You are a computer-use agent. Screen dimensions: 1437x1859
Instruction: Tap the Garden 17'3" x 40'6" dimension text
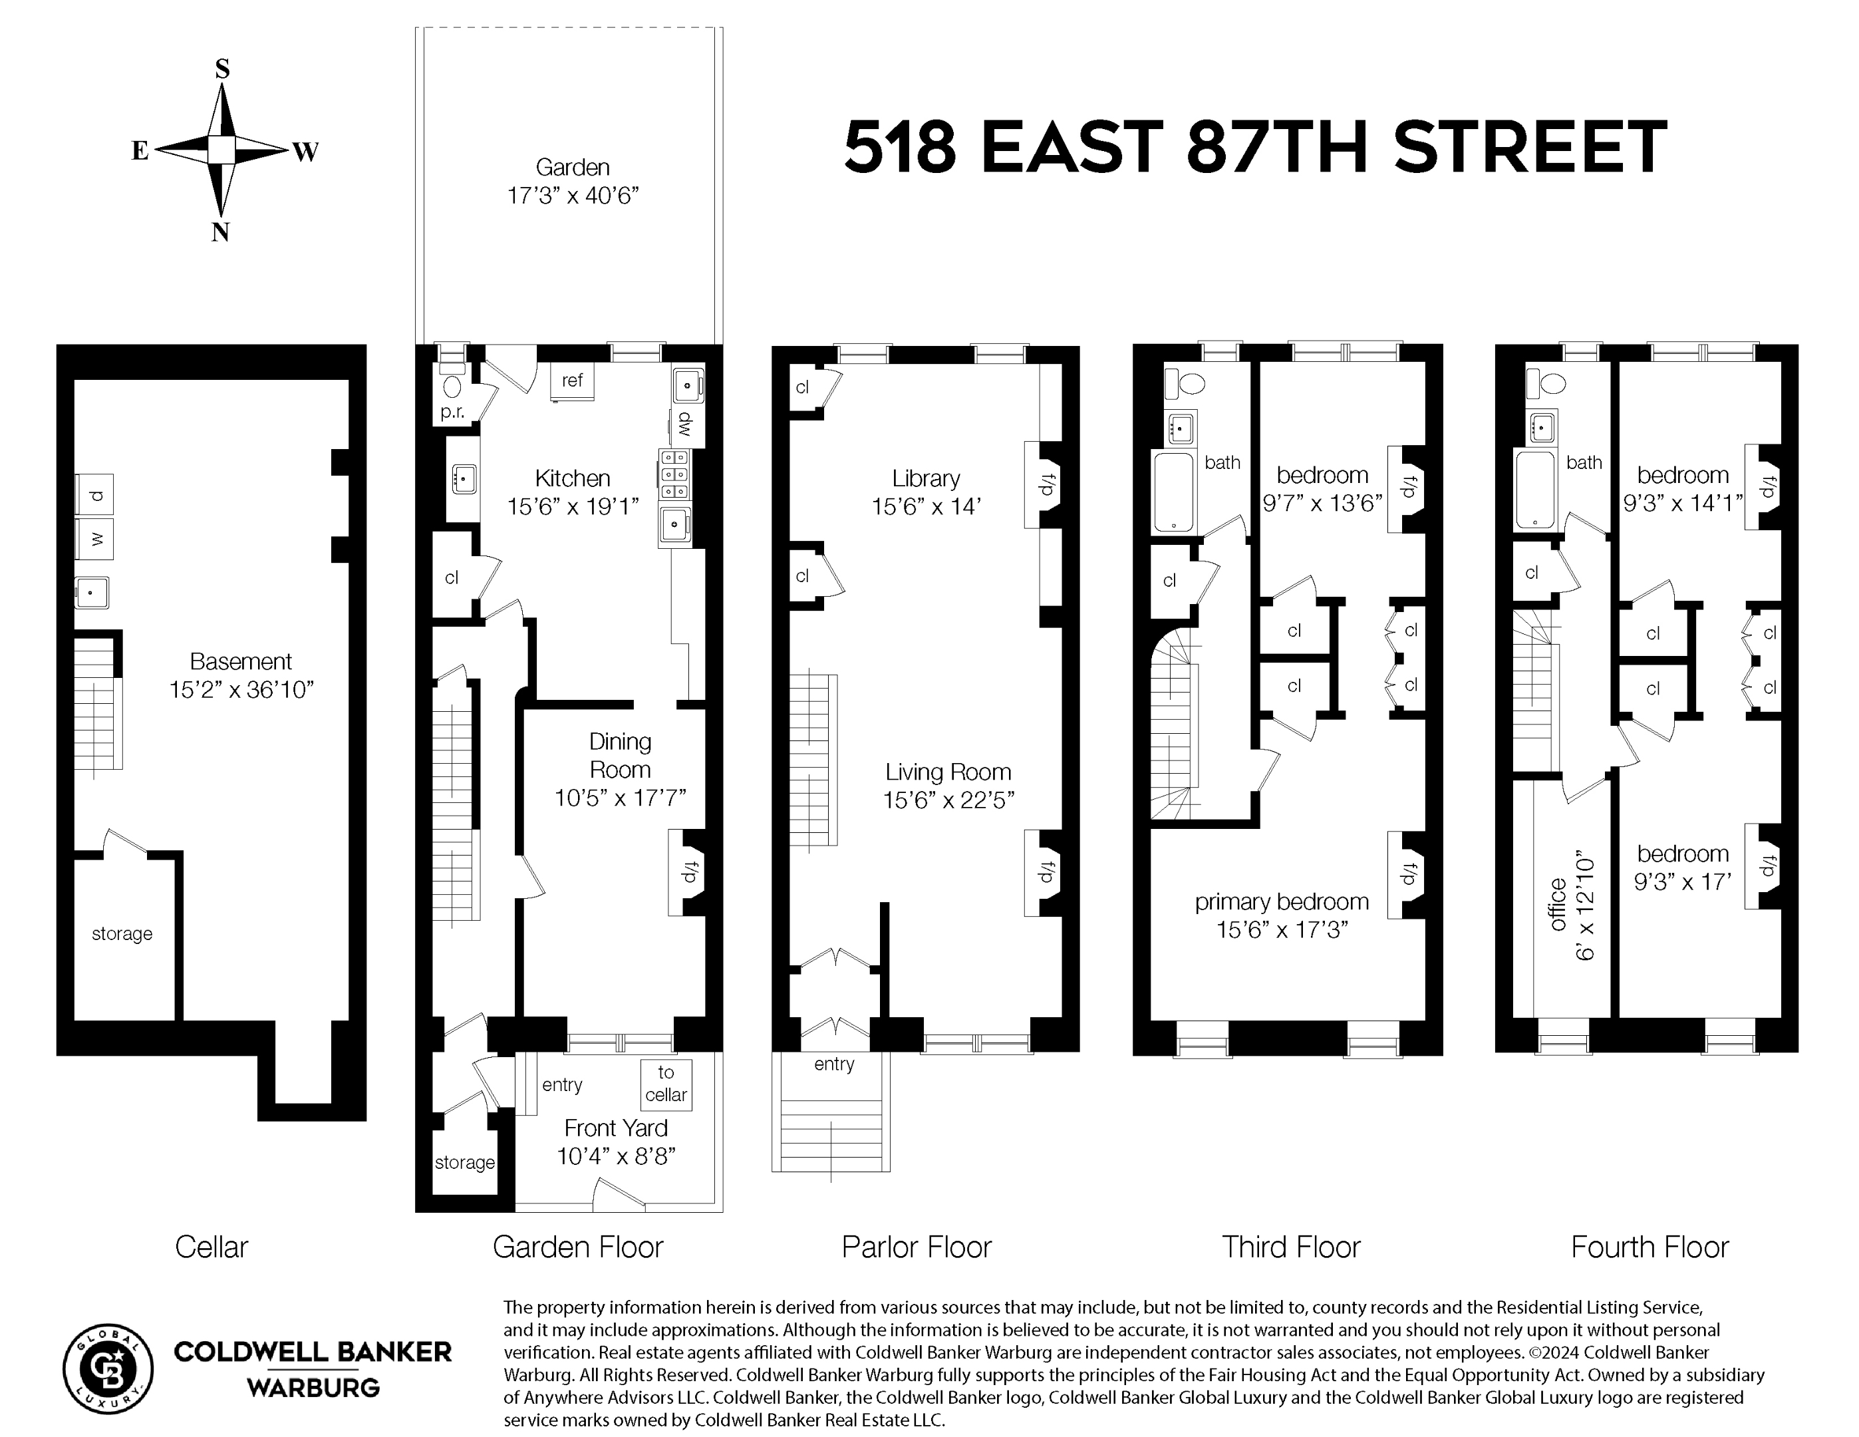click(573, 196)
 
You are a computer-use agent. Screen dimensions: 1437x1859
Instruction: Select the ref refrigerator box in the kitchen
click(572, 381)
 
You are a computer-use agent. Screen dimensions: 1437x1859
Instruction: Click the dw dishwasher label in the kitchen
click(685, 424)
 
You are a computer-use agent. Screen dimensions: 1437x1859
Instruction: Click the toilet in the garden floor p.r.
click(452, 386)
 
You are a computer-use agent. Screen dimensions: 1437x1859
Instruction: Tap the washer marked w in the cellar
click(95, 539)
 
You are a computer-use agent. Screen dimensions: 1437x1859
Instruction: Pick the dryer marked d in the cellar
click(95, 494)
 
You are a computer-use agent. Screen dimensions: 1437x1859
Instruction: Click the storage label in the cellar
click(122, 934)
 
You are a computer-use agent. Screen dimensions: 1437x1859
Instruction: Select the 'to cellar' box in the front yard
click(666, 1084)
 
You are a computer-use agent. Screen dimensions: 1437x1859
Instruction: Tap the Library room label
click(926, 478)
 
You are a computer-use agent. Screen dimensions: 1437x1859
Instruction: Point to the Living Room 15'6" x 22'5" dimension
click(948, 800)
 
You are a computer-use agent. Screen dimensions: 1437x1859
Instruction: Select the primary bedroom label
click(1281, 902)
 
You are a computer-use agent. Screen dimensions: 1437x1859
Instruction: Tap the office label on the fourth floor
click(1558, 904)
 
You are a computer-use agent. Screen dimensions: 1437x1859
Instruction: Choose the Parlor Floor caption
click(917, 1247)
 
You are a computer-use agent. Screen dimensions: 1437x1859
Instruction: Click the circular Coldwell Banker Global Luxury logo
click(109, 1369)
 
